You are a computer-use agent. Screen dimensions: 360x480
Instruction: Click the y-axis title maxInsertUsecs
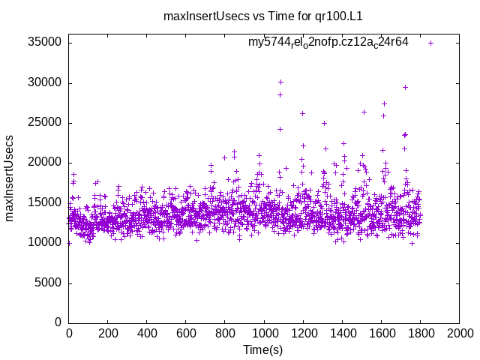click(x=10, y=178)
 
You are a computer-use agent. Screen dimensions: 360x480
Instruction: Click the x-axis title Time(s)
click(x=262, y=349)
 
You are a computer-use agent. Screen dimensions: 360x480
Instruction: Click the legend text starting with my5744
click(x=328, y=43)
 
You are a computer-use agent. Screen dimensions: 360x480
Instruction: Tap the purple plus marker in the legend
click(x=430, y=43)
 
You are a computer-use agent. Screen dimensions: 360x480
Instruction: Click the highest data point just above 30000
click(x=280, y=82)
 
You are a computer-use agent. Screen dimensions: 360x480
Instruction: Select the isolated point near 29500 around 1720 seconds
click(x=405, y=87)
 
